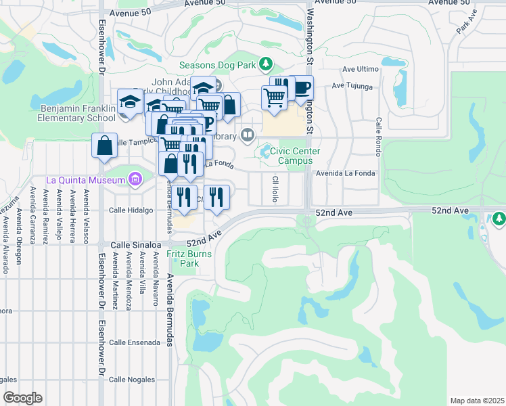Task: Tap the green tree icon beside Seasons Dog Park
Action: [267, 65]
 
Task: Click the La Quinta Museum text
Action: [86, 180]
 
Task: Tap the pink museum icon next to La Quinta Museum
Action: [135, 180]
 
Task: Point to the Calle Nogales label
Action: [131, 380]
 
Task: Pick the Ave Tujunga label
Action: [352, 87]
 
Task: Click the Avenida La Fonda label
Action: [346, 173]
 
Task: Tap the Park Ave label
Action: [466, 26]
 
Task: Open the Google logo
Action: [22, 398]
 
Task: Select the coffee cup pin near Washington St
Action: [301, 89]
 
